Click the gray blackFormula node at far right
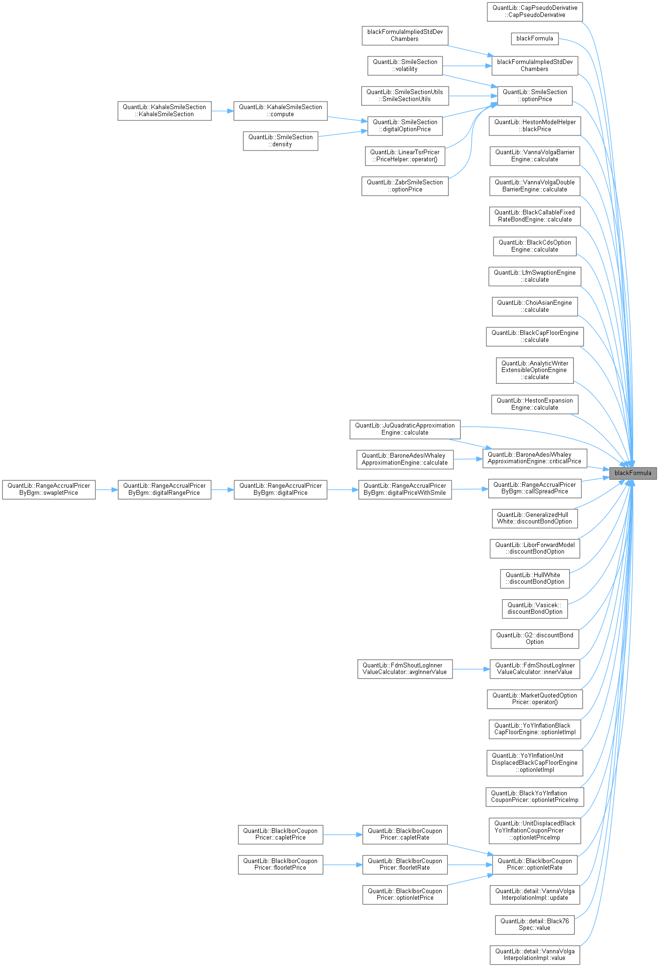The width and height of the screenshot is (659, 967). tap(633, 473)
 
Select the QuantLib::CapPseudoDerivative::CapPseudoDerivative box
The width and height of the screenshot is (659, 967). tap(535, 11)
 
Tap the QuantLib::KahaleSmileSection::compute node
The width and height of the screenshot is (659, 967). tap(280, 111)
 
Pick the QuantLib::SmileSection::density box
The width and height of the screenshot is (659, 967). tap(280, 141)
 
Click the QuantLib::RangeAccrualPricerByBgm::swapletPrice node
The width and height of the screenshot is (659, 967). tap(48, 489)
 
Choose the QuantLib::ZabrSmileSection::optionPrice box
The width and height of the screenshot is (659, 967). tap(405, 186)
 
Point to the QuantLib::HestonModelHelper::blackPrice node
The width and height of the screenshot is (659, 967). tap(535, 126)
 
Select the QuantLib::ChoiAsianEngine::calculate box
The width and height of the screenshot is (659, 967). tap(535, 306)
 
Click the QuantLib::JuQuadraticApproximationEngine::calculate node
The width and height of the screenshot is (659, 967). tap(405, 429)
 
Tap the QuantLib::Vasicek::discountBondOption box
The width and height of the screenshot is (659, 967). tap(535, 608)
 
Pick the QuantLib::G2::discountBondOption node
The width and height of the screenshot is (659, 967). tap(535, 638)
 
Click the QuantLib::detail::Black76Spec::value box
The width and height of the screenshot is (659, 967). tap(535, 924)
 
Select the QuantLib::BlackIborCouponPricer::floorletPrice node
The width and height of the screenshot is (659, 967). tap(280, 864)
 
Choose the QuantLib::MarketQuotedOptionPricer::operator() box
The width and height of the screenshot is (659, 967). tap(535, 698)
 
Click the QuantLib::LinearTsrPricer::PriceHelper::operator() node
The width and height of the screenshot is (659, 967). tap(405, 156)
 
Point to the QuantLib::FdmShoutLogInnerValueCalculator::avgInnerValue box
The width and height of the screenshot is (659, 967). tap(405, 668)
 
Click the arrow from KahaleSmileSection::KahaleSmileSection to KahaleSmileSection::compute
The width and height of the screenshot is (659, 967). tap(222, 111)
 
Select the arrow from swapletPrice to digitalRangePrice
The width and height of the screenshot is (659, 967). tap(106, 489)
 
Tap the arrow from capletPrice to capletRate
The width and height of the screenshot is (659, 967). tap(342, 835)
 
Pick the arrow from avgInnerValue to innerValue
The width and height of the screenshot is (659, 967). tap(471, 668)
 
